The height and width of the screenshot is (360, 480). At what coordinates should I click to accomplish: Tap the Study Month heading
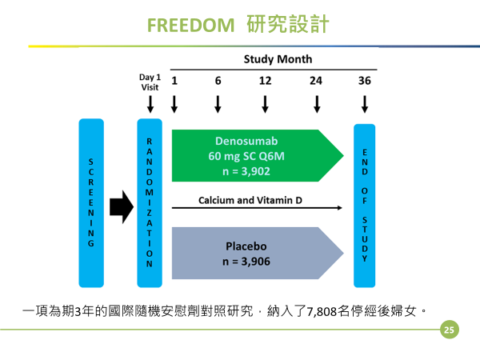click(278, 59)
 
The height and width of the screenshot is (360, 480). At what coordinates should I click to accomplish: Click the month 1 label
click(174, 81)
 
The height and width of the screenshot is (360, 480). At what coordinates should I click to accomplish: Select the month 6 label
click(218, 81)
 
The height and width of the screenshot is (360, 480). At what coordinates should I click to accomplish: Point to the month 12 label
click(266, 81)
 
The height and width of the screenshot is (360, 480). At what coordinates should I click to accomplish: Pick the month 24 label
click(317, 81)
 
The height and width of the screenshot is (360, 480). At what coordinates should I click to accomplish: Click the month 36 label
click(365, 81)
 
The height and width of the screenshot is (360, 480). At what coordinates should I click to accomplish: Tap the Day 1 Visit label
click(150, 82)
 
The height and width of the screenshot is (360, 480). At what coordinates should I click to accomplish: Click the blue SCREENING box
click(91, 203)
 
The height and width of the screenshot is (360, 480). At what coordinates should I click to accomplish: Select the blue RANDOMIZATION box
click(150, 203)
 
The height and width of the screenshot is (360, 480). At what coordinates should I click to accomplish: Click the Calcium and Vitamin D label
click(249, 198)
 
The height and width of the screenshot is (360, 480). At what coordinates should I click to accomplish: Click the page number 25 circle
click(449, 329)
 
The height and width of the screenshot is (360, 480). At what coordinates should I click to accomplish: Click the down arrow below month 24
click(317, 105)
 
